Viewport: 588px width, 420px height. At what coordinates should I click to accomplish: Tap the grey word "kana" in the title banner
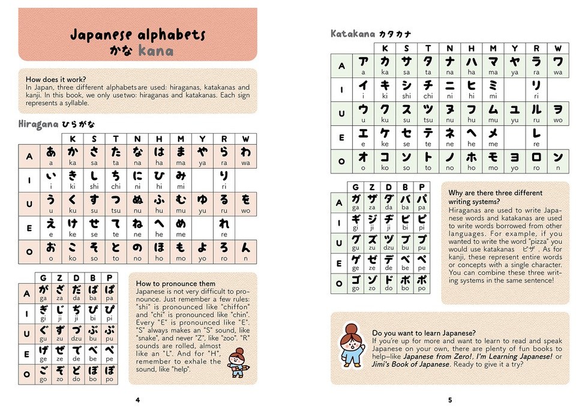[x=155, y=51]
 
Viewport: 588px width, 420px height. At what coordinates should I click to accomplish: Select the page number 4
[x=137, y=400]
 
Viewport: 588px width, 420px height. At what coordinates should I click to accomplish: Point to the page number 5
[x=449, y=400]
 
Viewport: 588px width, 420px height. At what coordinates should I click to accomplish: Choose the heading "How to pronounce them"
[x=176, y=283]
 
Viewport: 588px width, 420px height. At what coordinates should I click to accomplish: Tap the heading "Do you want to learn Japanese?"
[x=424, y=333]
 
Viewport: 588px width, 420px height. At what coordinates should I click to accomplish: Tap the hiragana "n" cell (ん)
[x=245, y=251]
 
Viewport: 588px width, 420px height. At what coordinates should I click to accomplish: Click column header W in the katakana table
[x=557, y=48]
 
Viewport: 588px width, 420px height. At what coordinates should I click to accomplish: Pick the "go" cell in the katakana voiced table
[x=355, y=283]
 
